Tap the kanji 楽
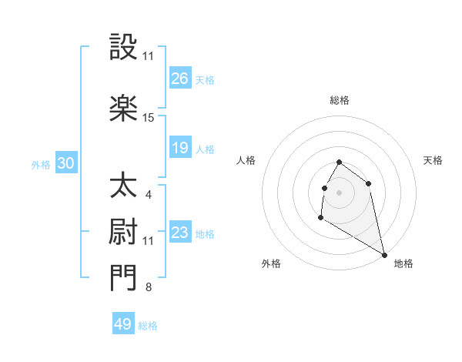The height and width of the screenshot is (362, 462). tap(124, 109)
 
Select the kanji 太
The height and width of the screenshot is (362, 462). tap(124, 186)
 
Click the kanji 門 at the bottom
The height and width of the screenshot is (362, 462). tap(124, 279)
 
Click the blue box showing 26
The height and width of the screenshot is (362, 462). tap(180, 79)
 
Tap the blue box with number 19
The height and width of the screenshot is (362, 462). tap(180, 148)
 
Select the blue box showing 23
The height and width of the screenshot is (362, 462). tap(180, 233)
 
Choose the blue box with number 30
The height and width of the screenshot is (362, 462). tap(65, 163)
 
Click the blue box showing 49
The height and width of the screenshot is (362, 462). tap(123, 324)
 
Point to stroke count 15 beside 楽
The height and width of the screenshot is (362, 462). tap(149, 118)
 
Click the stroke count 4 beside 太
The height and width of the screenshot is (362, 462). tap(148, 194)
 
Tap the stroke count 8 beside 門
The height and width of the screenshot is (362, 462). tap(148, 288)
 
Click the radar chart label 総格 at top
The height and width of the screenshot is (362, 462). tap(340, 100)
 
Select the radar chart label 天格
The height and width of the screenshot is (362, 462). tap(433, 160)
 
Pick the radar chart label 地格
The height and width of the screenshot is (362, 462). tap(403, 263)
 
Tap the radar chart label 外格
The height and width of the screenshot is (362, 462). tap(271, 263)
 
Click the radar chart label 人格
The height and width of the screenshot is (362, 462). tap(246, 160)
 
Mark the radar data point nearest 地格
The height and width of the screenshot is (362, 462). tap(385, 255)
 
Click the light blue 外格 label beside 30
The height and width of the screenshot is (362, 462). tap(41, 164)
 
